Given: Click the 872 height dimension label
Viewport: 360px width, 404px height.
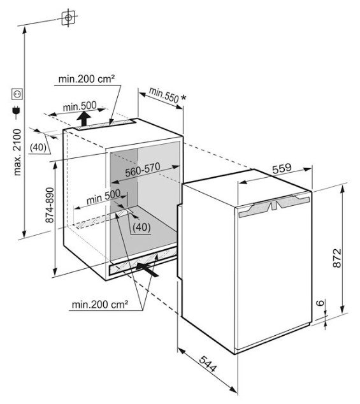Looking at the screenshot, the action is tap(337, 257).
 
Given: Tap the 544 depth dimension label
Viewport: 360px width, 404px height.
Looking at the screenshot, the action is tap(208, 364).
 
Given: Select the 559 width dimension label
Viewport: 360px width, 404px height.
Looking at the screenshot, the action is tap(282, 168).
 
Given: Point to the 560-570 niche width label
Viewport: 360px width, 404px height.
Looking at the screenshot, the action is tap(143, 170).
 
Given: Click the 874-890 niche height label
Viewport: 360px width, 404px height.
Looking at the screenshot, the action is tap(50, 205).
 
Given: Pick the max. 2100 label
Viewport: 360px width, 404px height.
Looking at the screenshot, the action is tap(17, 152).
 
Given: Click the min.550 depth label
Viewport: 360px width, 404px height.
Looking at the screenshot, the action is tap(164, 95).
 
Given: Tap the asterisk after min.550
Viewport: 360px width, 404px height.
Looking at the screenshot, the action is tap(184, 97).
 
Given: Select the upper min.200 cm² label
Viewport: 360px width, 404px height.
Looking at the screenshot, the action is tap(87, 78).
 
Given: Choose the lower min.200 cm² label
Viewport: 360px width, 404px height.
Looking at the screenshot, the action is tap(100, 305).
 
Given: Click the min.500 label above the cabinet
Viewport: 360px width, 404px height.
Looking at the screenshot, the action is tap(80, 106).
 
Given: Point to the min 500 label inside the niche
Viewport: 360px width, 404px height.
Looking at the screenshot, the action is tap(103, 197).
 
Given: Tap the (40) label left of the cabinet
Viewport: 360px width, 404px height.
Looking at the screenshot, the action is tap(38, 147).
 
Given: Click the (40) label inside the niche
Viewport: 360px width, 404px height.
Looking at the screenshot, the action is tap(141, 227).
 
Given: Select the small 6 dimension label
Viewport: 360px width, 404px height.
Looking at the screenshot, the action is tap(320, 302).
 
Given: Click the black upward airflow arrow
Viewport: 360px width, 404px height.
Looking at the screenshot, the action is tap(84, 119).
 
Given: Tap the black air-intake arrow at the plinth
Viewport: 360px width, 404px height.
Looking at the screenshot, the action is tap(147, 270).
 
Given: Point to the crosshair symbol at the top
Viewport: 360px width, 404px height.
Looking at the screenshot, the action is tap(68, 17).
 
